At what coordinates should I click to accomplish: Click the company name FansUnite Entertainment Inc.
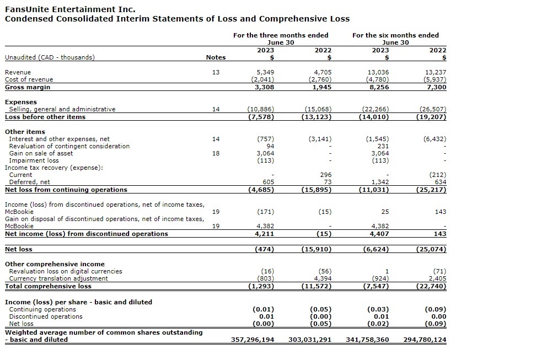click(70, 9)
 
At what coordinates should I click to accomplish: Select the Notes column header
click(216, 57)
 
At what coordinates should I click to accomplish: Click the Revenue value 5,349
click(265, 72)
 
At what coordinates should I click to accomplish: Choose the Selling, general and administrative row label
click(62, 109)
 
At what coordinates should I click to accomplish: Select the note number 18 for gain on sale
click(216, 153)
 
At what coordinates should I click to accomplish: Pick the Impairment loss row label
click(34, 160)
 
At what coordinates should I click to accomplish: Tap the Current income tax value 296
click(326, 175)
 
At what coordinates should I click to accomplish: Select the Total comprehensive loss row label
click(48, 286)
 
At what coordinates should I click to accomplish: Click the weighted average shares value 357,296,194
click(252, 340)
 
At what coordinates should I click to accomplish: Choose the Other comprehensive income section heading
click(55, 264)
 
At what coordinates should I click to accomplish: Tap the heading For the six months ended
click(395, 35)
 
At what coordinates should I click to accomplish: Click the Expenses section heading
click(21, 102)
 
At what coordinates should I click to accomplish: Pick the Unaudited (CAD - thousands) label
click(50, 57)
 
